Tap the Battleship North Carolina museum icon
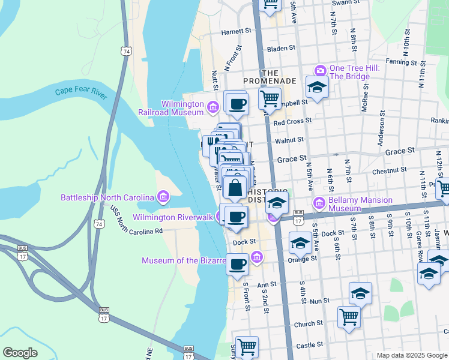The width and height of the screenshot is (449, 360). tap(163, 197)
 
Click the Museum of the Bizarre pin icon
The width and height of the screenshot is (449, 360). tap(257, 258)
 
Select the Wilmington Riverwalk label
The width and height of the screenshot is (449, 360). tap(173, 217)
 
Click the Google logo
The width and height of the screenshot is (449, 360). tap(20, 352)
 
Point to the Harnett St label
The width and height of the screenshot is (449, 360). tap(235, 31)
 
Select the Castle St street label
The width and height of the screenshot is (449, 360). tap(309, 344)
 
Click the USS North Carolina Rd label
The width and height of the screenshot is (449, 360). tap(136, 220)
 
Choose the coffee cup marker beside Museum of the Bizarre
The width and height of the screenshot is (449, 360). tap(238, 263)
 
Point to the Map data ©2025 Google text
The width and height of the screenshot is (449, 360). tap(411, 355)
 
